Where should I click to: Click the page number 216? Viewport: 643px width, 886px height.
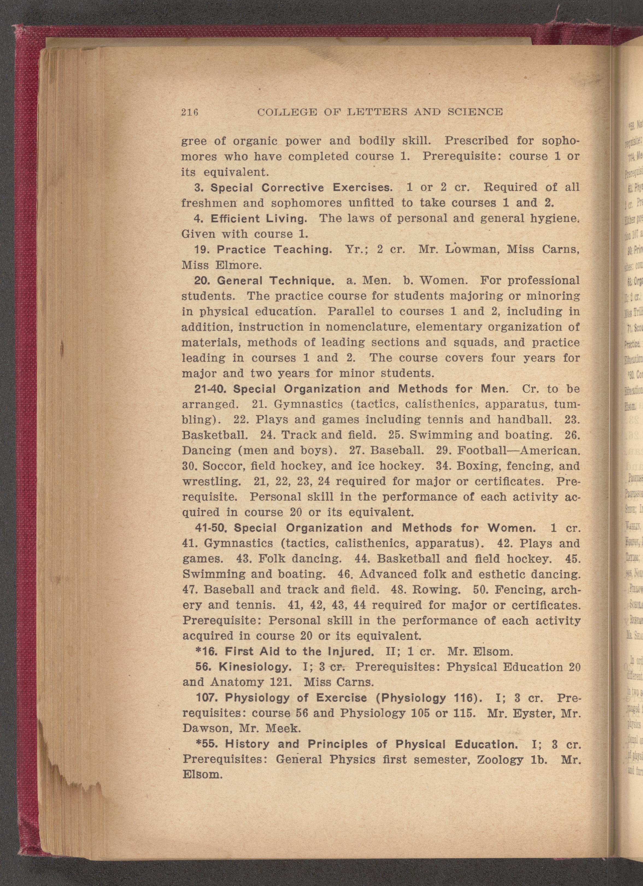tap(190, 112)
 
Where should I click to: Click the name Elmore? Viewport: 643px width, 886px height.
tap(238, 265)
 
